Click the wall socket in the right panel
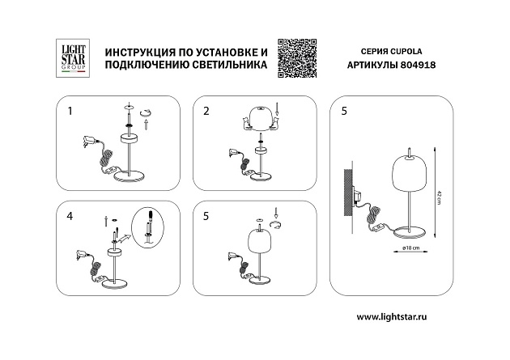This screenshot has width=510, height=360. click(355, 193)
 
